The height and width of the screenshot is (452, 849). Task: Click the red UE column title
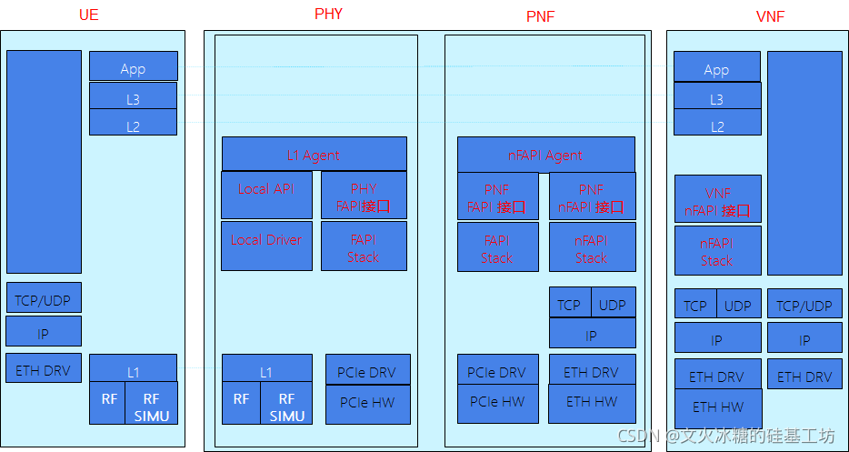click(88, 15)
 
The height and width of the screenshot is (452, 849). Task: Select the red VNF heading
click(770, 16)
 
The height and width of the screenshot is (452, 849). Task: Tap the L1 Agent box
click(314, 155)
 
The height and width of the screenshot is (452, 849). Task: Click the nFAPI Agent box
click(545, 155)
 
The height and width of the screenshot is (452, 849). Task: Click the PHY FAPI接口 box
click(364, 196)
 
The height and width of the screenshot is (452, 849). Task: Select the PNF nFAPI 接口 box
click(592, 196)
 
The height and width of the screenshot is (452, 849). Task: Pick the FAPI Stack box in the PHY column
click(364, 246)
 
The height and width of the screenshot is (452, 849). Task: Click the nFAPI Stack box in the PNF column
click(592, 247)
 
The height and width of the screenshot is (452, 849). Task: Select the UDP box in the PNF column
click(613, 304)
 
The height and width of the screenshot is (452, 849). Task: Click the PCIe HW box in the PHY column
click(367, 403)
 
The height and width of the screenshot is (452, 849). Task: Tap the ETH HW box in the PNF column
click(592, 401)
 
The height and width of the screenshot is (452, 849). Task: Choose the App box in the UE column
click(133, 67)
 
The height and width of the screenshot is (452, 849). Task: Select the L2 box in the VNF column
click(717, 126)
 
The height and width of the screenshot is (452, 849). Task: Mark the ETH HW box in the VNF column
click(718, 407)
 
